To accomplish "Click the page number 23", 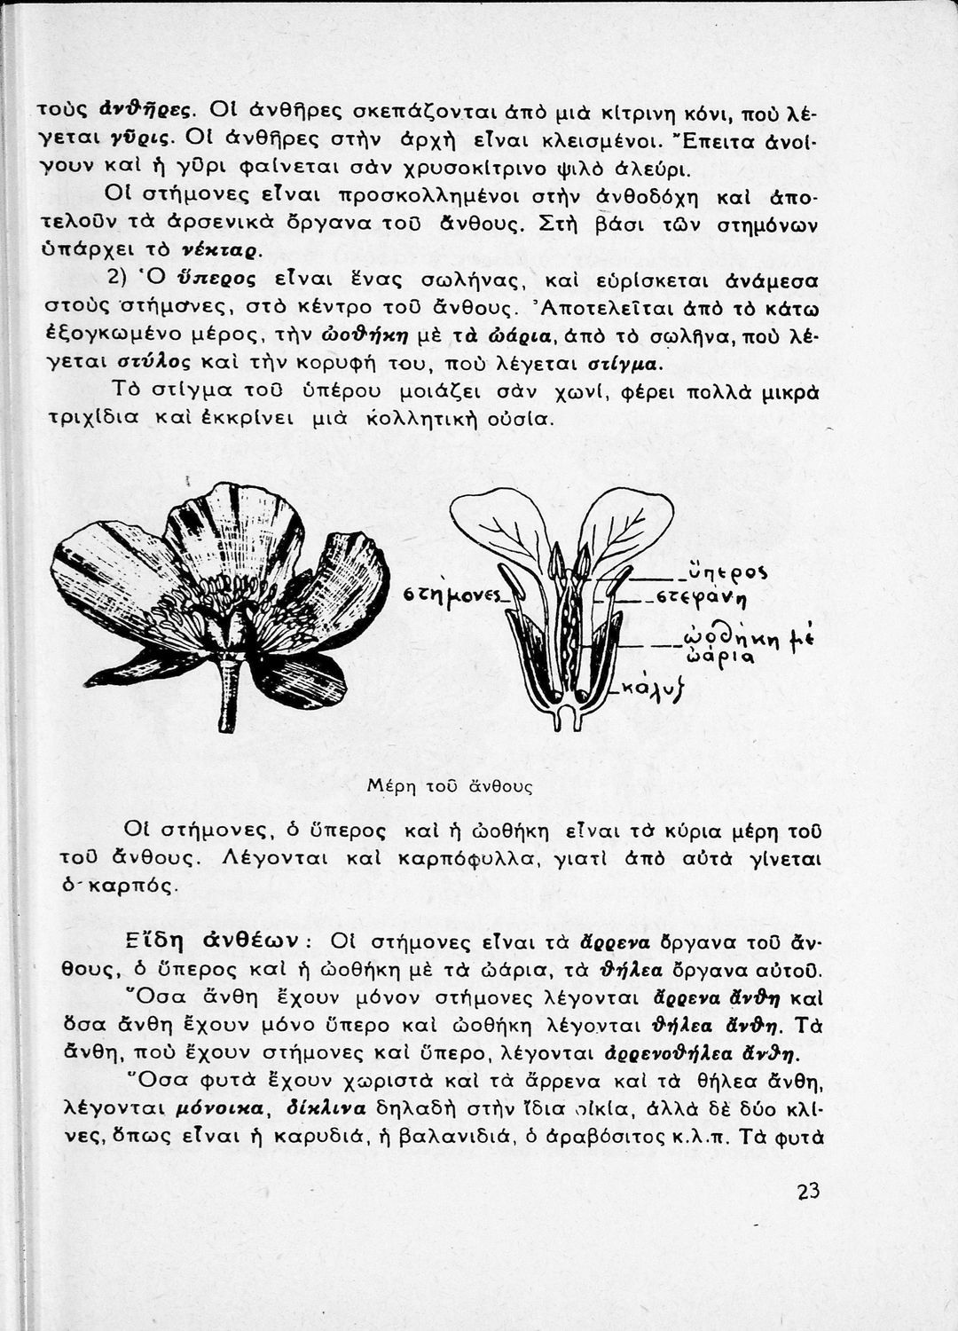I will coord(807,1192).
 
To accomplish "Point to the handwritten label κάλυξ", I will coord(659,688).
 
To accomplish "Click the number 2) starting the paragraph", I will coord(119,277).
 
